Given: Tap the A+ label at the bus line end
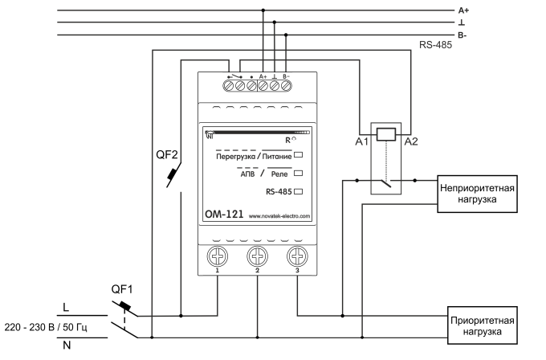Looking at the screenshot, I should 485,10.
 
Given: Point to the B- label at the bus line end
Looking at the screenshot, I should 485,36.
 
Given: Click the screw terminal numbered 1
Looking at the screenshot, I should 218,258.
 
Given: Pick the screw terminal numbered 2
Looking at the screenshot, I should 257,258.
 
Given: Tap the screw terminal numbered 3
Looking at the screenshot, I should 296,258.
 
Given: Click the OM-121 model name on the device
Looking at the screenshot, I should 223,215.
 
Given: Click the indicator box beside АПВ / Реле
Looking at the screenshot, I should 298,173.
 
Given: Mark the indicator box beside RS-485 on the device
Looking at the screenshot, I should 298,191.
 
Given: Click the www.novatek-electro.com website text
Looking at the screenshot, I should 280,216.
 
